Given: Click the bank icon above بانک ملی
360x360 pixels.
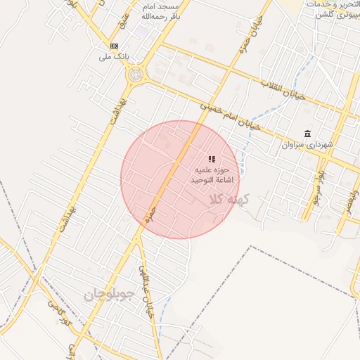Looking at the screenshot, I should tap(115, 45).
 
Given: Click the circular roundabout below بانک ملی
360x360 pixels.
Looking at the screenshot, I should tap(134, 74).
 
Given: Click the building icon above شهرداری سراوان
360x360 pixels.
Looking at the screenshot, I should tap(307, 134).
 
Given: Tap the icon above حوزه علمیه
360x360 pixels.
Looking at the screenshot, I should tap(212, 160).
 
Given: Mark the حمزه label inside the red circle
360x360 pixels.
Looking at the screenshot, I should tap(150, 214).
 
